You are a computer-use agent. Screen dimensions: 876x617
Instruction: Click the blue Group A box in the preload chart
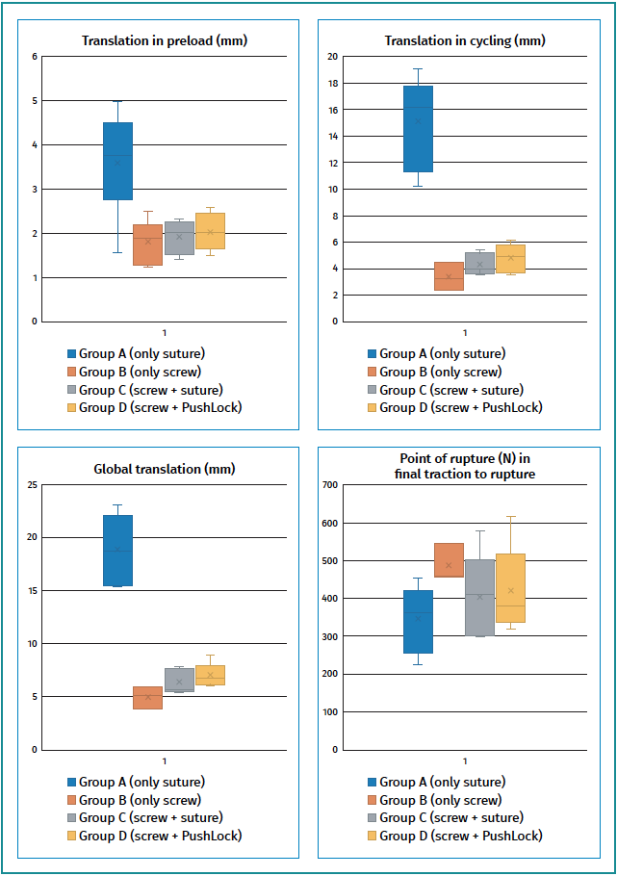[x=117, y=161]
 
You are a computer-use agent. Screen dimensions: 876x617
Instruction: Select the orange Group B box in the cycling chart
[x=449, y=276]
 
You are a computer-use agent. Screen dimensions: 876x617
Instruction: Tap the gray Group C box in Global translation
[x=179, y=680]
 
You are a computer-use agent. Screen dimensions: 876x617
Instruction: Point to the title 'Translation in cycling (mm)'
[x=464, y=40]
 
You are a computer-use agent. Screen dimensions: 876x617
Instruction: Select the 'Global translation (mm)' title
[x=164, y=469]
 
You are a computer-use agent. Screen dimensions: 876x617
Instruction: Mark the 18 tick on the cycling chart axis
[x=332, y=84]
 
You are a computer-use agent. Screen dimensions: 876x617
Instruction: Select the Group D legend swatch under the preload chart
[x=71, y=407]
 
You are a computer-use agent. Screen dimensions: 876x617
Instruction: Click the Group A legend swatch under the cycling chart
[x=373, y=354]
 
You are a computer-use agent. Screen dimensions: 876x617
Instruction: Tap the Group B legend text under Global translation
[x=140, y=800]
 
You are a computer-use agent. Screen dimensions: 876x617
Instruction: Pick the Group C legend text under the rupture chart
[x=451, y=817]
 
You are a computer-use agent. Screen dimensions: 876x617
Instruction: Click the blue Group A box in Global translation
[x=117, y=550]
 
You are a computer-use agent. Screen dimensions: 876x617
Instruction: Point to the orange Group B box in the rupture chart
[x=449, y=559]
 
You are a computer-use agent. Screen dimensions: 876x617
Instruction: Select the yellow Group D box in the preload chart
[x=210, y=231]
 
